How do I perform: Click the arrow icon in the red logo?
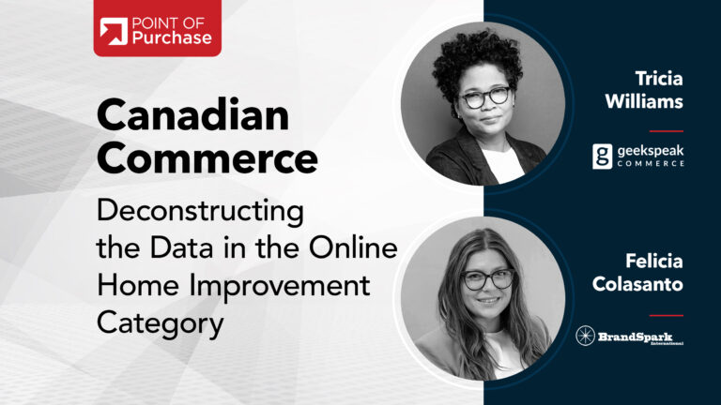(x=114, y=31)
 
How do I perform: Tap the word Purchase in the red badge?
(x=172, y=37)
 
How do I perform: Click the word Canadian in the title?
(x=193, y=115)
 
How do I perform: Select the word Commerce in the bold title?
(x=207, y=157)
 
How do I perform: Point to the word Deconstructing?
(x=201, y=212)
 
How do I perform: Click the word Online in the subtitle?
(x=353, y=247)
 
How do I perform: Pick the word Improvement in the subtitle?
(x=280, y=287)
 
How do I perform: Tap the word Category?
(x=160, y=323)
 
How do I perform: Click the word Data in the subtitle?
(x=181, y=247)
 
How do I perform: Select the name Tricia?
(x=659, y=79)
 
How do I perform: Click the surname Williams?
(x=644, y=101)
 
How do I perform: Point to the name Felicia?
(x=653, y=262)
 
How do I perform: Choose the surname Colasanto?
(x=637, y=284)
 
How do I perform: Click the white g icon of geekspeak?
(x=603, y=157)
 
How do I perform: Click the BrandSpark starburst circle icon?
(x=586, y=336)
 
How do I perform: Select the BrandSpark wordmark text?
(x=640, y=337)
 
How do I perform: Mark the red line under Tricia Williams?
(x=667, y=131)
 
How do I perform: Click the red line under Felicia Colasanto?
(x=667, y=315)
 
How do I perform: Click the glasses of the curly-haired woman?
(x=485, y=97)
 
